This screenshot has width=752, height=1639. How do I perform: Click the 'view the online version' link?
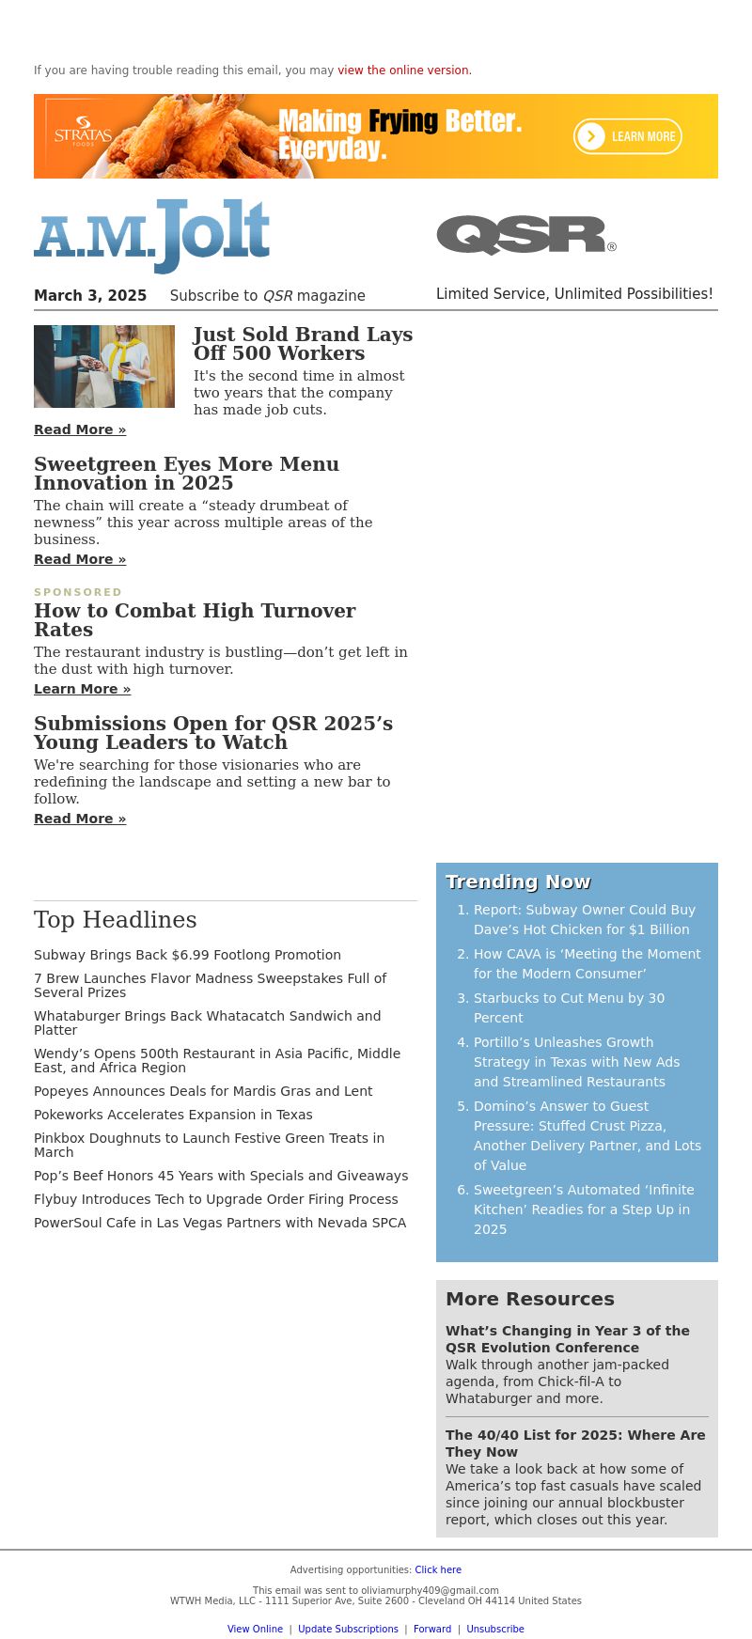(404, 70)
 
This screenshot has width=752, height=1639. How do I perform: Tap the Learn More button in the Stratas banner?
(628, 136)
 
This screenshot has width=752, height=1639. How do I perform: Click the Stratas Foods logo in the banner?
(83, 133)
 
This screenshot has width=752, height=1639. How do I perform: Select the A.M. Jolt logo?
(152, 235)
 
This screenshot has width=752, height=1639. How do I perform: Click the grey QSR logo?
(525, 235)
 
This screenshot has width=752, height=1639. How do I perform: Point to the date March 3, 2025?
(90, 296)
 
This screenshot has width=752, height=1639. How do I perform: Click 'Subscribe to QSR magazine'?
(267, 296)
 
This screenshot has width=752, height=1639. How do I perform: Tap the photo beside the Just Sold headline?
(104, 367)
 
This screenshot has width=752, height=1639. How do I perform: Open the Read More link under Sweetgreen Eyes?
(80, 559)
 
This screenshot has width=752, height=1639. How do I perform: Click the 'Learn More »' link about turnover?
(82, 689)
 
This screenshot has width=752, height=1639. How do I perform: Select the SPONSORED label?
(78, 592)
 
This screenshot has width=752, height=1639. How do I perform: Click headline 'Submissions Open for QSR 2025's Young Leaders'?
(213, 733)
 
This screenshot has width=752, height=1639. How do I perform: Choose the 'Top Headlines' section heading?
(116, 920)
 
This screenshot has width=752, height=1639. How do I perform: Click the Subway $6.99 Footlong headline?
(187, 955)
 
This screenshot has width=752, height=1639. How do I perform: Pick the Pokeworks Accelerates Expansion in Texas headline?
(173, 1115)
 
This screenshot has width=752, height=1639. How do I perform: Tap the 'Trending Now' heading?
(518, 882)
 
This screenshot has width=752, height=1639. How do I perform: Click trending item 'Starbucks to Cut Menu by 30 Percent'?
(569, 1007)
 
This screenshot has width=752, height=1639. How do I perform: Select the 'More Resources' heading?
(530, 1299)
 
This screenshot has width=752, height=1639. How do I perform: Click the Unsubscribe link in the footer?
(495, 1629)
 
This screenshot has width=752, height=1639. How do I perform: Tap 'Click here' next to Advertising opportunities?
(438, 1569)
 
